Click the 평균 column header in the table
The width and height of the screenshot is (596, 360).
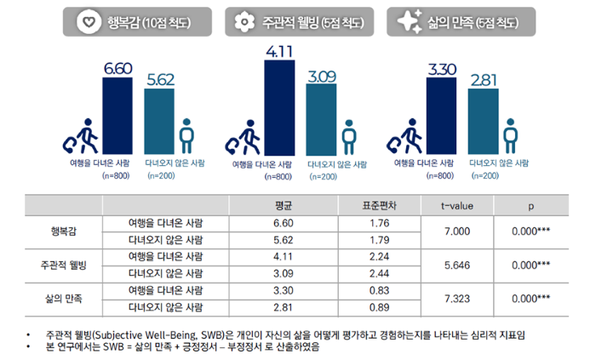pos(284,205)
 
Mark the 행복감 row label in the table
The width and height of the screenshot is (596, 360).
pos(63,231)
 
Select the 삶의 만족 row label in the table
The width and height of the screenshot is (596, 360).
pos(63,299)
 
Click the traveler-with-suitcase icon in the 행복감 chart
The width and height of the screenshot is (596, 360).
pos(82,136)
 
